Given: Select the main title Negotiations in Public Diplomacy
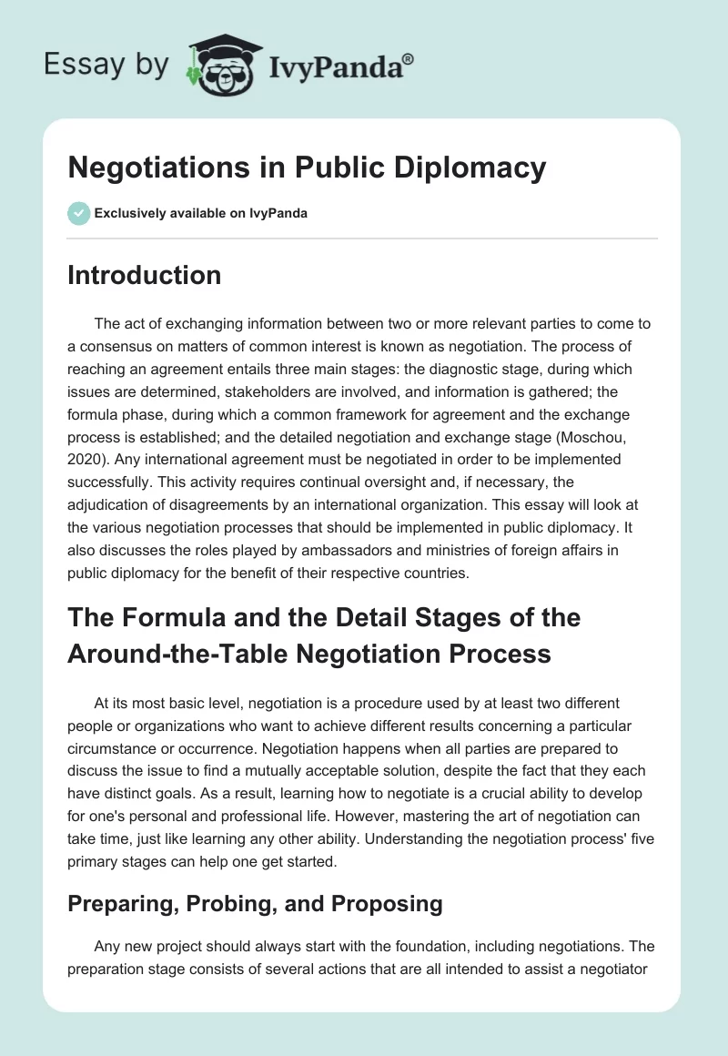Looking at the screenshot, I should pos(307,168).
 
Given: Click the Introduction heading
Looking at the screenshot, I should pos(144,275).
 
